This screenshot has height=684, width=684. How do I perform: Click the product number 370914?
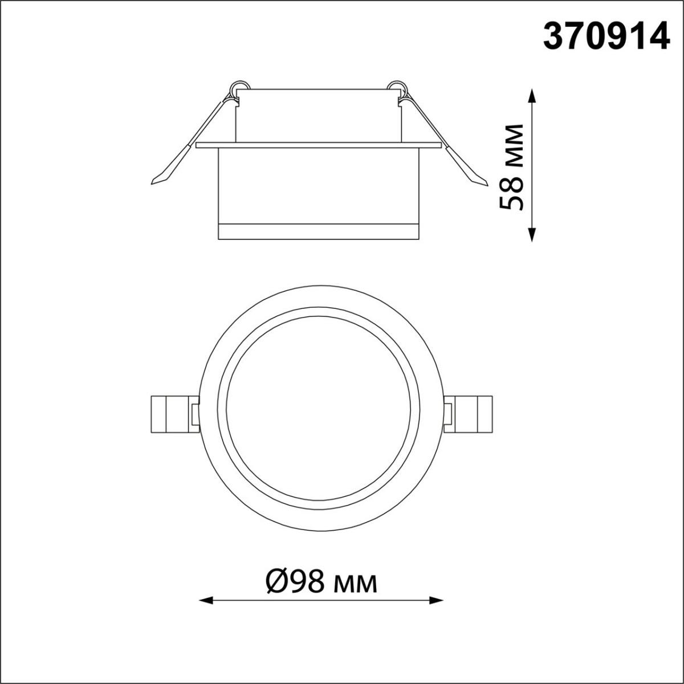pos(606,38)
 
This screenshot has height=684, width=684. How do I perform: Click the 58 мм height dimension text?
pos(511,166)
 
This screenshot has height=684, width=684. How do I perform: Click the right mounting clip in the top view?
pos(470,413)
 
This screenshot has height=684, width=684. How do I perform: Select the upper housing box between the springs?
pos(319,114)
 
